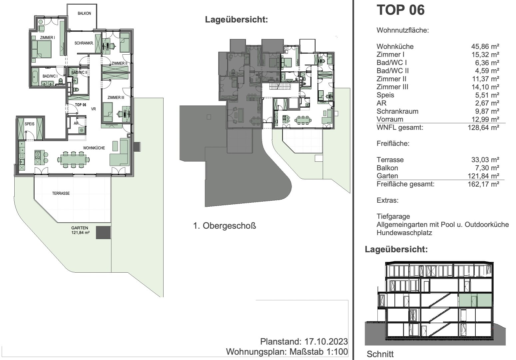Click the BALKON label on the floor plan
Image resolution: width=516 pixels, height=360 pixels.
coord(84,13)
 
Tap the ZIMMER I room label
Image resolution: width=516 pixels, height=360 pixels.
coord(47,38)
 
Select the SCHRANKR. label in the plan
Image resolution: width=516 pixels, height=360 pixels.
coord(84,43)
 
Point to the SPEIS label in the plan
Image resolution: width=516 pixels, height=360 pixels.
coord(30,124)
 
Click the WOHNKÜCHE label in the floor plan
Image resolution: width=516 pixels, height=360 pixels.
coord(94,148)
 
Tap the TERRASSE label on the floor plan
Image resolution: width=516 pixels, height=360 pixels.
coord(61,193)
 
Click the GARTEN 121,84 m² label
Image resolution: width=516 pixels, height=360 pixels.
coord(80,230)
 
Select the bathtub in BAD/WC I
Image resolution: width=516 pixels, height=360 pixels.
coord(35,78)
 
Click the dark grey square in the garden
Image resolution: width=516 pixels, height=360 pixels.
coord(103,233)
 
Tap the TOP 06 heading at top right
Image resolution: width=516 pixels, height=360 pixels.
coord(401,10)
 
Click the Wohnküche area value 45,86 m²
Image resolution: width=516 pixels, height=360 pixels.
coord(485,47)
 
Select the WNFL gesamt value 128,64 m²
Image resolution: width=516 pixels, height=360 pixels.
coord(483,127)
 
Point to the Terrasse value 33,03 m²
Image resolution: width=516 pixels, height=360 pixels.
coord(485,160)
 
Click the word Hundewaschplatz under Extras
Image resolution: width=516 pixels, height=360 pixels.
coord(404,233)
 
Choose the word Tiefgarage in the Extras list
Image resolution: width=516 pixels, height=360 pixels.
coord(393,217)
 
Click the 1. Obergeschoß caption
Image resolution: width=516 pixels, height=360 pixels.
coord(225,226)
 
